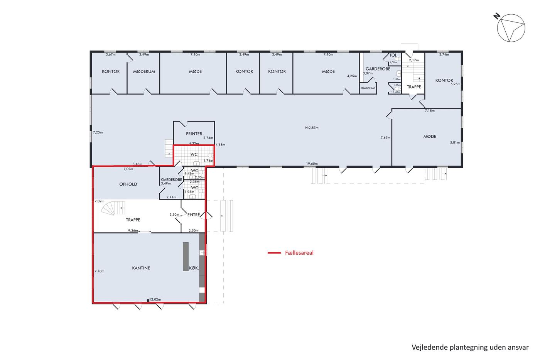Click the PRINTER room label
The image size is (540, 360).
click(194, 134)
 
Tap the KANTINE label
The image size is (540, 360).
click(141, 268)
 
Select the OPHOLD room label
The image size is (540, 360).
click(128, 184)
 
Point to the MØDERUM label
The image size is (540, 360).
click(144, 71)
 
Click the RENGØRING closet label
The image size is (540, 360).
click(368, 88)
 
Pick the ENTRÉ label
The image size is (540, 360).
click(194, 215)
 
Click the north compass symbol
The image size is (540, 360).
click(511, 28)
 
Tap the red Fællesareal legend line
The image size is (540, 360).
click(274, 253)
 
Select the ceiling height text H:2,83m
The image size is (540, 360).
click(312, 128)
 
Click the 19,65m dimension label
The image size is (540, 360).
click(312, 164)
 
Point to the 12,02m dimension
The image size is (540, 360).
click(155, 299)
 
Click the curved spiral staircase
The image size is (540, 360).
click(113, 208)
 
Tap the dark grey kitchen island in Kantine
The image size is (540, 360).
click(186, 257)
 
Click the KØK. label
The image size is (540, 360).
click(194, 268)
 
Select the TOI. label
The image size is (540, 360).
click(393, 55)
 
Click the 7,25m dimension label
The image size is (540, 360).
click(98, 132)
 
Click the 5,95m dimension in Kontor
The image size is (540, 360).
click(455, 84)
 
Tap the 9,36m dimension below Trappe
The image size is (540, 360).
click(133, 230)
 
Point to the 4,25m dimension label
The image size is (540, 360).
click(352, 76)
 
